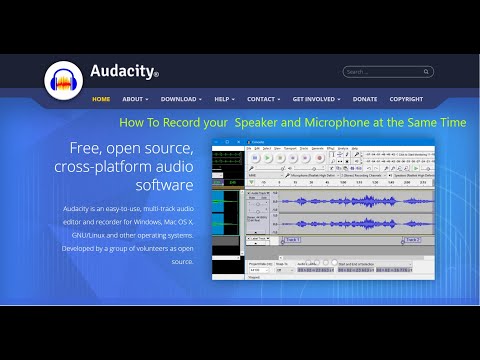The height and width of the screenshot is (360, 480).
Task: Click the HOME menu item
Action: [x=101, y=99]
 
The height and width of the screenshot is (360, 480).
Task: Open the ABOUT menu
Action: [x=134, y=99]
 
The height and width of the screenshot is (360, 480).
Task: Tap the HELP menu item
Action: [x=223, y=99]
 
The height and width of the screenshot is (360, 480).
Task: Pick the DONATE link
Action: [x=365, y=99]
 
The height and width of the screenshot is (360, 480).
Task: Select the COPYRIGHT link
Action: [x=406, y=99]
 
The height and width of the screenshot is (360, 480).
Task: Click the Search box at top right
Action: [x=388, y=72]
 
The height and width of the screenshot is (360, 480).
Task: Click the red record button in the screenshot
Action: [x=320, y=157]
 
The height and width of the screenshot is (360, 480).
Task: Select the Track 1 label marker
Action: [x=291, y=240]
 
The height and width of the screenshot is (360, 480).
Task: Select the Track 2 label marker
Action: [x=413, y=240]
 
